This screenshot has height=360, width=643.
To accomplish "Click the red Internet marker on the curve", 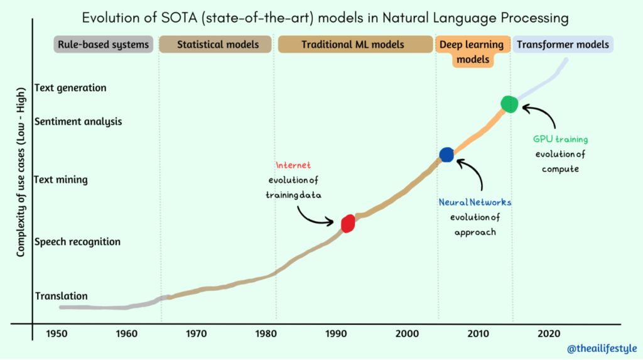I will pos(348,223).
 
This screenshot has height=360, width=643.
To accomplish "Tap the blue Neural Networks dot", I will pos(446,154).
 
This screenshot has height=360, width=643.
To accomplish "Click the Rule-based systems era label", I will pos(104,45).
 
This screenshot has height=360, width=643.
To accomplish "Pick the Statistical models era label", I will pos(217,45).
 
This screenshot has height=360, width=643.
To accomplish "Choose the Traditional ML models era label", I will pos(353,45).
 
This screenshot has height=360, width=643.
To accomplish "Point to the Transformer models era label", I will pos(563,45).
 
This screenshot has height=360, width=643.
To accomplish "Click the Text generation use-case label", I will pos(71,88).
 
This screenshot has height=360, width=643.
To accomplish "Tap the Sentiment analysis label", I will pos(78,121).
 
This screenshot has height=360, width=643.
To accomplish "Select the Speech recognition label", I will pos(77,242).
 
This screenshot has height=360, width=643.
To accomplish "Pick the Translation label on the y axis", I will pos(62,296).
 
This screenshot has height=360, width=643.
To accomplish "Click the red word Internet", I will pos(293,165).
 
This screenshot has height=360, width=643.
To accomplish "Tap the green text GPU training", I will pos(561,139).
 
